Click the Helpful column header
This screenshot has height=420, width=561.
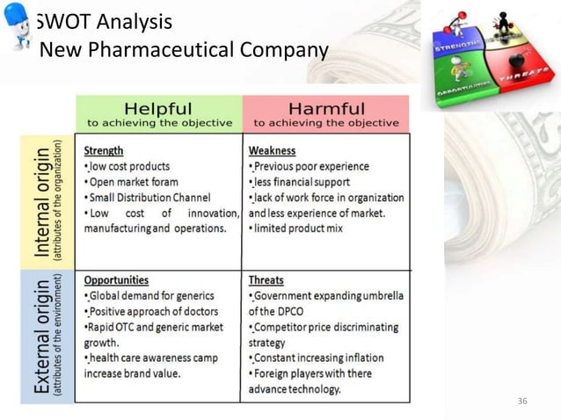click(x=158, y=108)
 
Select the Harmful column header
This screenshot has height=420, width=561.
click(x=325, y=108)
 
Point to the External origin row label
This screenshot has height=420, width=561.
click(x=41, y=337)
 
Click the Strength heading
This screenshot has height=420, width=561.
click(x=104, y=150)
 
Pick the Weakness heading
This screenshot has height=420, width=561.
click(x=272, y=150)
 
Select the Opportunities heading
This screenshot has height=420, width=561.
click(x=116, y=280)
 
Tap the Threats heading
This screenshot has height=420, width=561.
click(x=266, y=280)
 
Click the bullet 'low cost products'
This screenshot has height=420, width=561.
click(x=128, y=166)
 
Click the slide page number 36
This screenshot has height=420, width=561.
click(x=522, y=402)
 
